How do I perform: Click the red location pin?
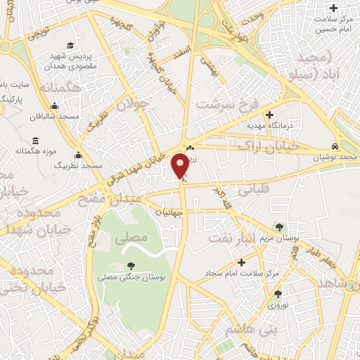click(180, 166)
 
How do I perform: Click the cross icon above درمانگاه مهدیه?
click(269, 115)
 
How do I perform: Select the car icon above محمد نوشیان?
click(337, 146)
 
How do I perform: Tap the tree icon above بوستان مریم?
click(280, 226)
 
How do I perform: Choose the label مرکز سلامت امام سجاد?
click(247, 272)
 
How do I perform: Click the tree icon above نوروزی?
click(278, 295)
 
